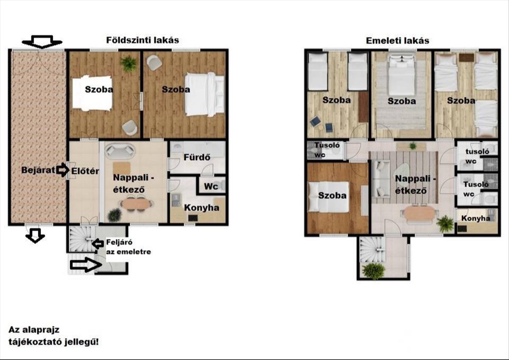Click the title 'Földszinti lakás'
pyautogui.click(x=143, y=40)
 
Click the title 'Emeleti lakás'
pyautogui.click(x=397, y=41)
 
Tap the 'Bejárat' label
pyautogui.click(x=38, y=170)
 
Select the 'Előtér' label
pyautogui.click(x=85, y=171)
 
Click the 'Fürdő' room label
pyautogui.click(x=197, y=157)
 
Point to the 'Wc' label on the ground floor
pyautogui.click(x=211, y=187)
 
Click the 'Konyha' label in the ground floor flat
pyautogui.click(x=201, y=208)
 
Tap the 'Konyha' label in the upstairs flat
pyautogui.click(x=475, y=218)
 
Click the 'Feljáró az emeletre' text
pyautogui.click(x=129, y=247)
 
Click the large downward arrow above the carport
pyautogui.click(x=42, y=42)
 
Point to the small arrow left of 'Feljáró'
pyautogui.click(x=97, y=243)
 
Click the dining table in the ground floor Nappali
pyautogui.click(x=136, y=204)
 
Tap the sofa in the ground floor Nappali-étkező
pyautogui.click(x=120, y=150)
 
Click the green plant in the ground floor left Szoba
pyautogui.click(x=129, y=64)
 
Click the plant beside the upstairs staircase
pyautogui.click(x=374, y=271)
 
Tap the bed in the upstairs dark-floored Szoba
pyautogui.click(x=328, y=197)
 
